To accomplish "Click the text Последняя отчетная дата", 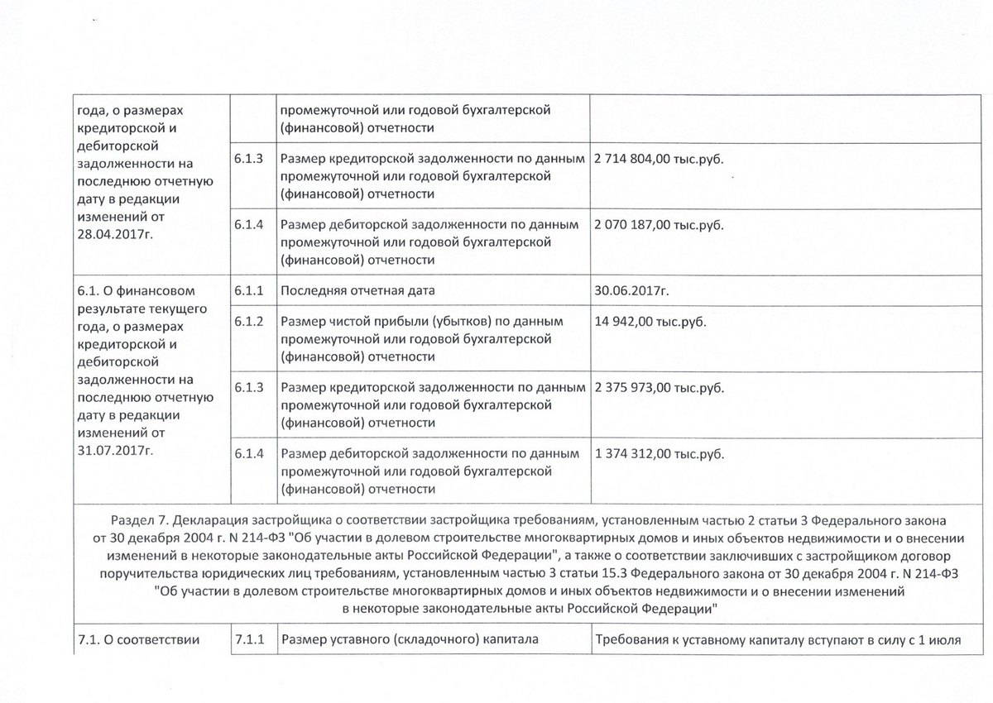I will coord(358,290).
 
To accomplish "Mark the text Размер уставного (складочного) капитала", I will coord(410,638).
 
